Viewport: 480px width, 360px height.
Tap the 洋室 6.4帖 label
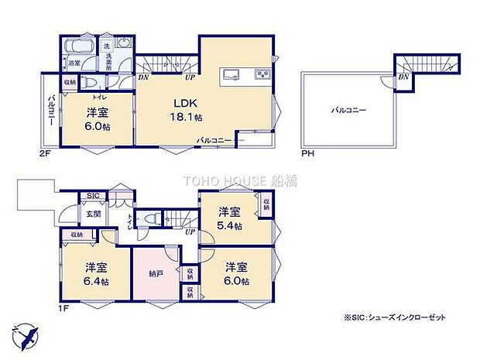[x=96, y=273]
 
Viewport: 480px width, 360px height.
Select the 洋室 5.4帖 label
[x=230, y=218]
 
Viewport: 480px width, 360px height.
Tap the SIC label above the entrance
[x=92, y=196]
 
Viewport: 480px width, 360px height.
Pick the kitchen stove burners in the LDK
[x=262, y=75]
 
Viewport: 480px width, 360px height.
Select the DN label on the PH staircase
[x=403, y=77]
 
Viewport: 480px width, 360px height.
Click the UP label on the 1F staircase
[x=188, y=231]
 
